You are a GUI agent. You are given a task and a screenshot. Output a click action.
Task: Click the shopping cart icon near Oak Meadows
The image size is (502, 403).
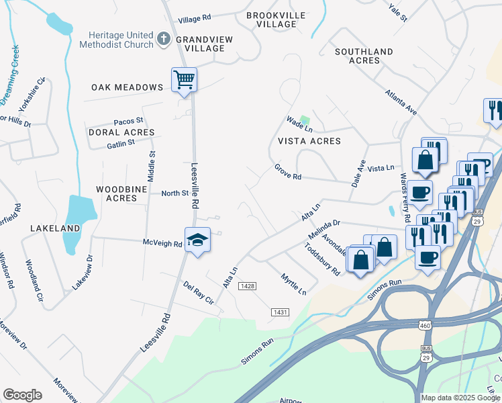click(x=184, y=80)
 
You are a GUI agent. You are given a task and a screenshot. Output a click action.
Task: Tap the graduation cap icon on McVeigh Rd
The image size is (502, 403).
click(x=198, y=240)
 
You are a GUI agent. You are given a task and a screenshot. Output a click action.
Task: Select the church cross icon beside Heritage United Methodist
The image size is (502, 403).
click(x=163, y=40)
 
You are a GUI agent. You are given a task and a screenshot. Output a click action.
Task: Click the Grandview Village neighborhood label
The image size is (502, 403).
click(x=204, y=44)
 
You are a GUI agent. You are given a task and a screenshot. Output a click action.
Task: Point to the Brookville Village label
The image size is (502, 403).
click(x=275, y=19)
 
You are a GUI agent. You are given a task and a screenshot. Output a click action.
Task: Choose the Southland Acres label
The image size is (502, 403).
click(x=364, y=56)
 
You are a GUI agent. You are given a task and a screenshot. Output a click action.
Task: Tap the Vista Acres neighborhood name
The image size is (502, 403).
click(x=309, y=141)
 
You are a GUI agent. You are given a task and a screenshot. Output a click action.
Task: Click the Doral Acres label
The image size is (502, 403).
click(x=113, y=133)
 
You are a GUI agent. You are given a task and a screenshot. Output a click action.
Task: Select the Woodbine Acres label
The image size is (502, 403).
click(x=116, y=193)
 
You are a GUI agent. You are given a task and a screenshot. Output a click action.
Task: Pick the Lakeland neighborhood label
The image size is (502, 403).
click(x=55, y=228)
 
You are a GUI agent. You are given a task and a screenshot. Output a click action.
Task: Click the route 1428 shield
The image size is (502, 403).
click(x=248, y=286)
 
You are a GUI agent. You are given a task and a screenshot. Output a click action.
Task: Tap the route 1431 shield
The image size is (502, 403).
click(x=281, y=312)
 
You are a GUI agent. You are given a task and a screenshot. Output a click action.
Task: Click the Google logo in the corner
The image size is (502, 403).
click(x=22, y=395)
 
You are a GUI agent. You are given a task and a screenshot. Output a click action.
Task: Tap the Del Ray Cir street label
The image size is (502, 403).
click(x=198, y=294)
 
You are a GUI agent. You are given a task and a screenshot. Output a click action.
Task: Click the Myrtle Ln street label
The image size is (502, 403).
click(x=293, y=284)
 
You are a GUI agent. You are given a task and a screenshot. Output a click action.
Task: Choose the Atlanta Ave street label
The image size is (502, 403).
click(x=401, y=102)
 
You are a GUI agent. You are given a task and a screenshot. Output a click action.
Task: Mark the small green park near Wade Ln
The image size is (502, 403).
click(x=305, y=122)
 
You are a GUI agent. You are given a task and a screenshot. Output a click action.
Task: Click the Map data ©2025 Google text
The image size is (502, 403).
click(x=460, y=398)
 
